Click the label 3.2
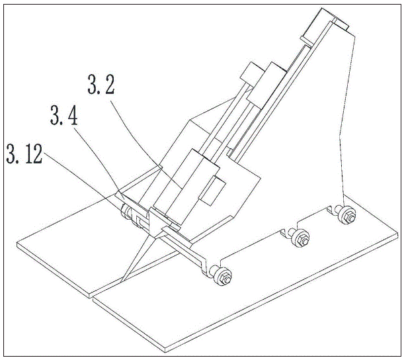(x=101, y=84)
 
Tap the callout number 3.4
(x=63, y=115)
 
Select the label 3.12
(x=24, y=154)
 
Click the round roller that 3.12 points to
(x=126, y=212)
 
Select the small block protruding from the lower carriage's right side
(x=213, y=191)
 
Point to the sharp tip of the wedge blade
(x=121, y=282)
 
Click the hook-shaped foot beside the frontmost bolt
(x=204, y=267)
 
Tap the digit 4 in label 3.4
(x=71, y=115)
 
